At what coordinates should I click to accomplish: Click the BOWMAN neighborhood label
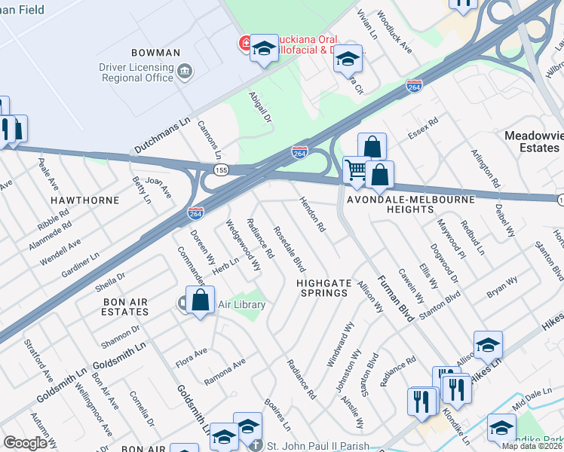tap(155, 53)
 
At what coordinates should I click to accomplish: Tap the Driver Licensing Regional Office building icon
tap(185, 73)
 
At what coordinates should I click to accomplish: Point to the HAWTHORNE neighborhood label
tap(85, 200)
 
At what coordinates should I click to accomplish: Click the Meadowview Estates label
tap(532, 142)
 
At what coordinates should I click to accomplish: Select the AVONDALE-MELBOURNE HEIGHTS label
tap(410, 206)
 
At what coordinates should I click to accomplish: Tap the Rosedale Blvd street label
tap(289, 249)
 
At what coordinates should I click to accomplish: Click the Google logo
tap(25, 442)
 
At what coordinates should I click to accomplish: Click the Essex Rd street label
tap(422, 132)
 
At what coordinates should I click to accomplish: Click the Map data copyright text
tap(532, 446)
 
